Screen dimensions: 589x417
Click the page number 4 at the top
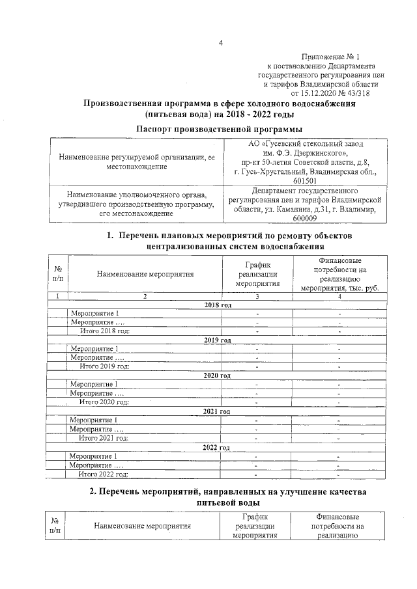220,44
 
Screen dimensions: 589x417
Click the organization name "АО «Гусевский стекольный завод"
306,143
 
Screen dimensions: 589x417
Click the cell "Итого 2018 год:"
104,331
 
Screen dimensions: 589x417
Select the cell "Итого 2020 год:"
104,402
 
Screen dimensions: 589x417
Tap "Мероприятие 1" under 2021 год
94,420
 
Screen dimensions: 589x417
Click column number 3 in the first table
257,296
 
